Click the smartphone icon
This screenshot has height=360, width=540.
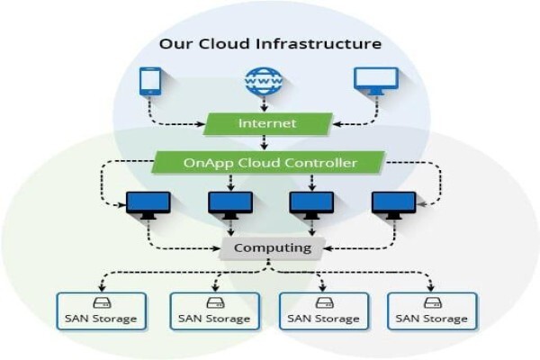click(x=150, y=81)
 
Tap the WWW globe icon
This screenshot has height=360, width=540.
click(x=264, y=81)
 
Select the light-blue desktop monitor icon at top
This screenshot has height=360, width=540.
click(x=376, y=81)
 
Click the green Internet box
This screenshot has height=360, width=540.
click(x=267, y=123)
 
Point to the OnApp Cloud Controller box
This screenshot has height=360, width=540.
click(x=268, y=163)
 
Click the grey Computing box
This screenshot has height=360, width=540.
click(x=273, y=248)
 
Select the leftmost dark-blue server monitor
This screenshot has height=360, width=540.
click(x=148, y=205)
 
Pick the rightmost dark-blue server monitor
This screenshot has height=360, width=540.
click(x=394, y=205)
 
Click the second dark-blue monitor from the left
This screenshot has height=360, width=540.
click(x=230, y=205)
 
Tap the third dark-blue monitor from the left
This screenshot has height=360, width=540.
click(x=312, y=205)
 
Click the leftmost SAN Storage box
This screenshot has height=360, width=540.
click(x=102, y=311)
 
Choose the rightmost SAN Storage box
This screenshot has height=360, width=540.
click(x=432, y=311)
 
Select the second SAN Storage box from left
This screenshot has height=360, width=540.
click(x=215, y=311)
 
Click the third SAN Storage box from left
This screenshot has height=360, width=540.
click(x=324, y=311)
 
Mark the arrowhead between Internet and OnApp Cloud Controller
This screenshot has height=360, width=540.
click(x=264, y=146)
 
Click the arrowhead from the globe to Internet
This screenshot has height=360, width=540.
click(x=264, y=108)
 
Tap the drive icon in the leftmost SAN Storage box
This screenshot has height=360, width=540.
click(x=102, y=303)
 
